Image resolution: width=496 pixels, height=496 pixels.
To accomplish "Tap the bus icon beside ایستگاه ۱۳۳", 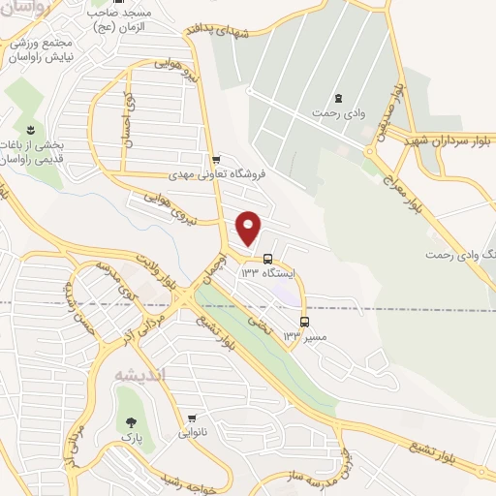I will (266, 258).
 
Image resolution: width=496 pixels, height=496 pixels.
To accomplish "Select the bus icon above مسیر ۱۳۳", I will (305, 321).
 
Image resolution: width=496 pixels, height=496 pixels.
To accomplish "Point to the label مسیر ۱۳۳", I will (304, 336).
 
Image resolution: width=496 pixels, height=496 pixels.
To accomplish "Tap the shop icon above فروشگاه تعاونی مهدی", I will (215, 160).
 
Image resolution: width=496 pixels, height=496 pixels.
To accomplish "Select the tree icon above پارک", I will (128, 422).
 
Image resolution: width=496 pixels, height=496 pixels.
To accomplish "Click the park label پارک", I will (128, 438).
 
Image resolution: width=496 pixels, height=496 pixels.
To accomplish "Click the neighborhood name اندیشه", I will (139, 375).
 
